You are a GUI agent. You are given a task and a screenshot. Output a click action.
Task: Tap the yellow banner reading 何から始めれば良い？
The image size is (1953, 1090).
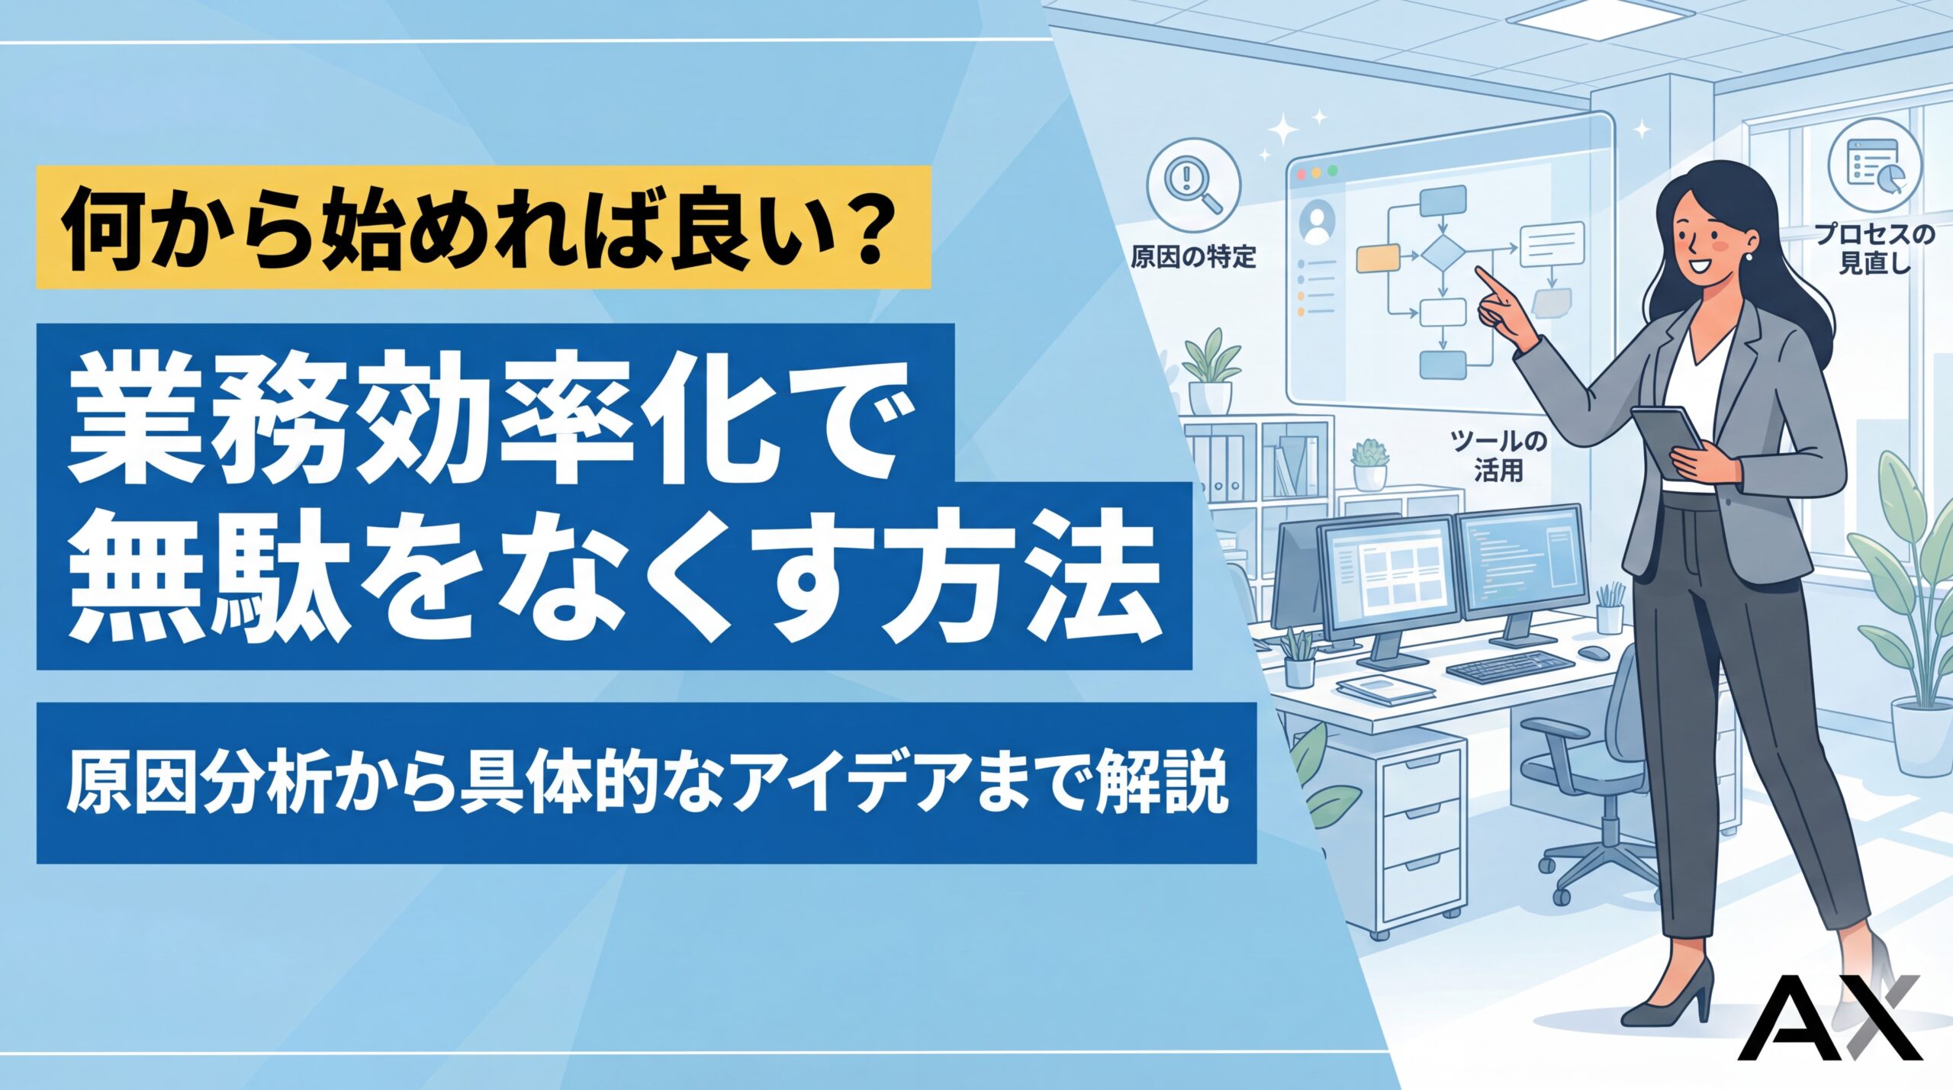point(484,227)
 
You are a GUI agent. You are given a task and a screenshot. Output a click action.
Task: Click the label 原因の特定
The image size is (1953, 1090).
point(1193,257)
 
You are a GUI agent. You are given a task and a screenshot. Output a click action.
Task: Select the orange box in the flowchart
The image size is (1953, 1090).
point(1378,259)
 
